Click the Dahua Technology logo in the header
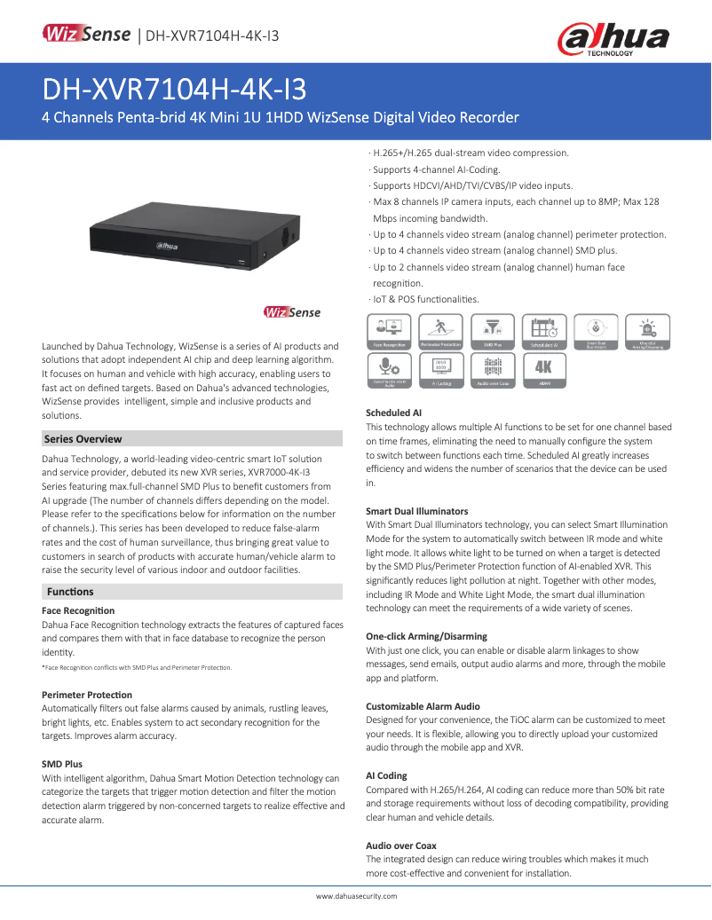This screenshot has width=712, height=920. [613, 39]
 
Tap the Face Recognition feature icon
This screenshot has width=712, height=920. [388, 331]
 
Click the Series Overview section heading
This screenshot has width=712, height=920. [83, 439]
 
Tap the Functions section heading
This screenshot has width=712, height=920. [70, 592]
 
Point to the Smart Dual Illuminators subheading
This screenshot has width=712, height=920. [416, 512]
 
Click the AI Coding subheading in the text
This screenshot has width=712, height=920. [386, 775]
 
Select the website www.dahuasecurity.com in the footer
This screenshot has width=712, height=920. [357, 896]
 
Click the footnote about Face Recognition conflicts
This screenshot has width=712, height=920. [137, 667]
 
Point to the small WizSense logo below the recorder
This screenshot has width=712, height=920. [292, 312]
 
